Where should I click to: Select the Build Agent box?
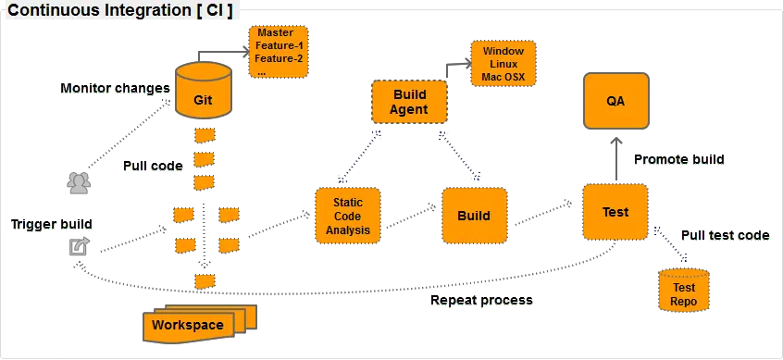[x=409, y=102]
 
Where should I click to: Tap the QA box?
[x=615, y=101]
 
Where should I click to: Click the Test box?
[x=615, y=212]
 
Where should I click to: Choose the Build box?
[x=474, y=216]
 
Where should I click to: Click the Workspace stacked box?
[x=190, y=325]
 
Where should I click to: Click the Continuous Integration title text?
[x=119, y=11]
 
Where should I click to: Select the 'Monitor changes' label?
[x=114, y=89]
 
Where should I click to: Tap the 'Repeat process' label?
[x=481, y=302]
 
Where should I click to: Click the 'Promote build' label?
[x=678, y=160]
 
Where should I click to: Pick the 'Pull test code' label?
[x=725, y=237]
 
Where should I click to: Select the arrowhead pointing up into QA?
[x=615, y=141]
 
